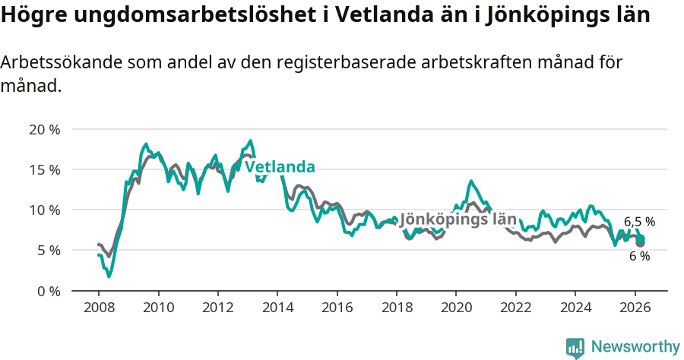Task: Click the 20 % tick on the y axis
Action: click(44, 129)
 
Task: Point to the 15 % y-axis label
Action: click(44, 169)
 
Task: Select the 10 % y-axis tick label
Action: click(44, 210)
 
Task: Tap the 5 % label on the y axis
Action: click(47, 250)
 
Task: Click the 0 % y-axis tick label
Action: click(47, 291)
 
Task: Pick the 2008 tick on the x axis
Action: click(99, 308)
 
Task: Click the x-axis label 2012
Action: click(218, 308)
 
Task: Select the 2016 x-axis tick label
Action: click(337, 308)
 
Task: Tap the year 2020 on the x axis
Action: click(456, 308)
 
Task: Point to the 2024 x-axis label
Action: click(575, 308)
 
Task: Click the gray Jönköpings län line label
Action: click(458, 219)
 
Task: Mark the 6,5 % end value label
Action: click(639, 222)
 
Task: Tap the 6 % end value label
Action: click(639, 257)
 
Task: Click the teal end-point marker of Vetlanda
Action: click(641, 238)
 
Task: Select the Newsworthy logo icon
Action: click(575, 347)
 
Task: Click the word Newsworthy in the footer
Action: click(635, 347)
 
